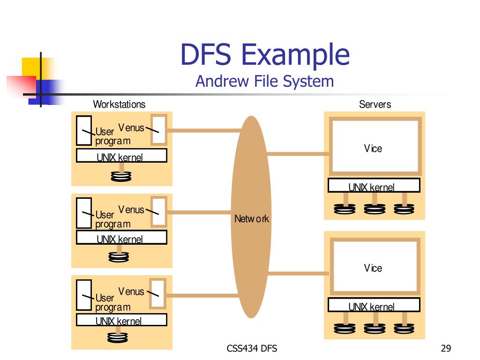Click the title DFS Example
click(x=265, y=55)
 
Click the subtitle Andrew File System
click(x=264, y=81)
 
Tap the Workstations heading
click(x=119, y=104)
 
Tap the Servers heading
click(x=375, y=104)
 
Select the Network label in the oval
click(x=252, y=218)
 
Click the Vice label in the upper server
click(x=373, y=149)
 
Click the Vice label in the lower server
click(x=373, y=268)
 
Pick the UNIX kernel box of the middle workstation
click(x=121, y=238)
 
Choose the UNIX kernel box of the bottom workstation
click(x=121, y=320)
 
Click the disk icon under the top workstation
click(x=121, y=176)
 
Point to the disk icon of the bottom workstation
click(x=117, y=337)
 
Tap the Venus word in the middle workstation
click(x=131, y=210)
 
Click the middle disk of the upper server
click(x=375, y=209)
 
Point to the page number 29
click(x=446, y=348)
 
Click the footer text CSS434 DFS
click(x=252, y=348)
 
